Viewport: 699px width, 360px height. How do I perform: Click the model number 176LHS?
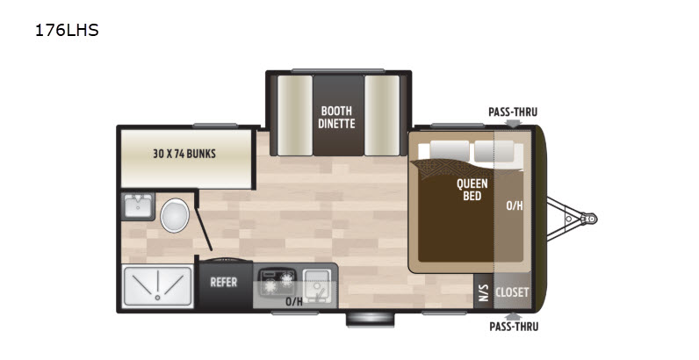point(67,31)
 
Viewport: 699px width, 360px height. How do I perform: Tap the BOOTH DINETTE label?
point(336,117)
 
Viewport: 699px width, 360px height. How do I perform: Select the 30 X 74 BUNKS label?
point(184,154)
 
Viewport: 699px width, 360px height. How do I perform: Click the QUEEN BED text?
point(472,190)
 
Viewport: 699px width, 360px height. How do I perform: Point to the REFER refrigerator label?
point(224,282)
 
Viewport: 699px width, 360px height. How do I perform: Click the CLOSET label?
point(512,292)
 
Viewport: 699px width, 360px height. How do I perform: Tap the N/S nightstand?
point(483,292)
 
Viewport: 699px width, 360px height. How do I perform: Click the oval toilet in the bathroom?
point(175,216)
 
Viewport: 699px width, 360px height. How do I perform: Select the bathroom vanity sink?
point(138,206)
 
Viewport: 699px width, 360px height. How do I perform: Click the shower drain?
point(157,297)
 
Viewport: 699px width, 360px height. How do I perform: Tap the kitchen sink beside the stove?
point(317,286)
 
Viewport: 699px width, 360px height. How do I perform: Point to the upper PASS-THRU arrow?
point(513,123)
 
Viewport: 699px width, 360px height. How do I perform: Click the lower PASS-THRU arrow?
point(514,316)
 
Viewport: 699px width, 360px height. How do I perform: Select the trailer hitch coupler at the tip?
point(590,219)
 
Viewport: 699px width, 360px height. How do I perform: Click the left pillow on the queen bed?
point(450,151)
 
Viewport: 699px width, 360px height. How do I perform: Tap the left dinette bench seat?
point(295,115)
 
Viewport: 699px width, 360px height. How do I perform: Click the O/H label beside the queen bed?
point(515,205)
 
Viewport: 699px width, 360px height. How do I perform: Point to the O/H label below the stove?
point(294,302)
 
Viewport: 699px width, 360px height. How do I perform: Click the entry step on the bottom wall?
point(371,320)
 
